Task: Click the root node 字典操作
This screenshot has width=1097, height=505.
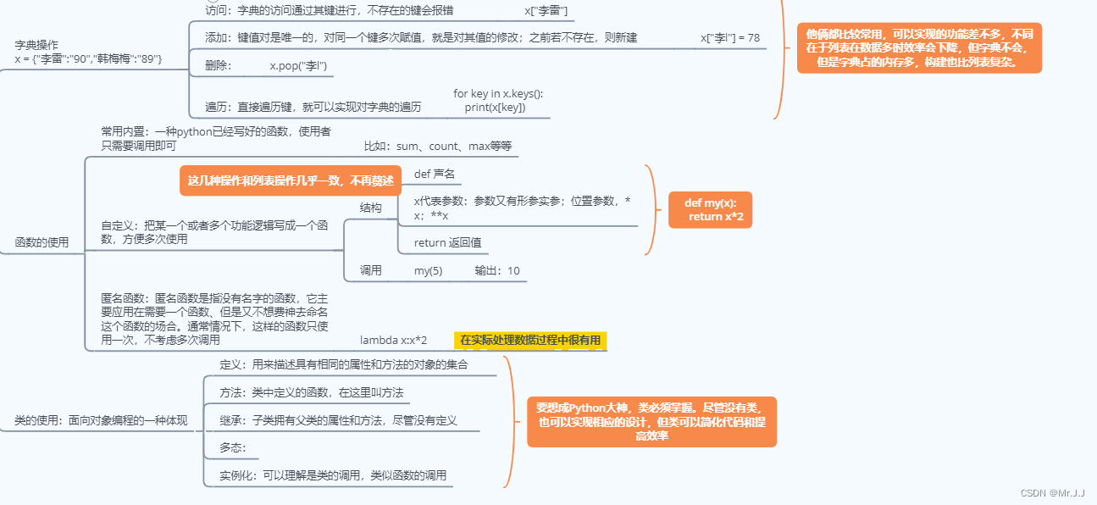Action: tap(36, 44)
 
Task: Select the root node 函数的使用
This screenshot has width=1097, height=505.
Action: tap(42, 242)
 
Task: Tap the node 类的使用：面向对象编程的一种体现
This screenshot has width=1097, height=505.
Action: tap(101, 420)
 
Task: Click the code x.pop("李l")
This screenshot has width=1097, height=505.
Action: tap(298, 65)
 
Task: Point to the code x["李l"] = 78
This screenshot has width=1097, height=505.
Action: tap(729, 38)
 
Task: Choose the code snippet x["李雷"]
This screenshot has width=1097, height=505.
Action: tap(546, 10)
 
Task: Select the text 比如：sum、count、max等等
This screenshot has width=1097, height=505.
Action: tap(438, 146)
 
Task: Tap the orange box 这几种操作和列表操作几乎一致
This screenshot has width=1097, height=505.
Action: tap(291, 180)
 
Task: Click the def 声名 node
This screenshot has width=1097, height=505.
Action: tap(434, 174)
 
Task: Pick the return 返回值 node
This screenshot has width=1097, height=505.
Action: tap(447, 242)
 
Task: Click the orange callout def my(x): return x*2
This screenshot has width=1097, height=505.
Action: tap(710, 210)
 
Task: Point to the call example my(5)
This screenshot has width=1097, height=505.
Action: tap(428, 271)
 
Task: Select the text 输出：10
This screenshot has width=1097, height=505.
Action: tap(497, 271)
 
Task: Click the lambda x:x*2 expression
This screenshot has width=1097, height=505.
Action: tap(393, 341)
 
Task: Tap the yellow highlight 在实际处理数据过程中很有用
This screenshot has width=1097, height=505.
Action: tap(530, 341)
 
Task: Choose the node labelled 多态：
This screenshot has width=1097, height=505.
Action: tap(232, 447)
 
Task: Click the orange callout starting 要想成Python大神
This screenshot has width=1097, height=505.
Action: tap(651, 421)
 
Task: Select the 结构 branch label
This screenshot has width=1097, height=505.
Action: tap(370, 208)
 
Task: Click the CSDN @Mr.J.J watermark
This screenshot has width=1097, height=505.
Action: tap(1052, 492)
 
